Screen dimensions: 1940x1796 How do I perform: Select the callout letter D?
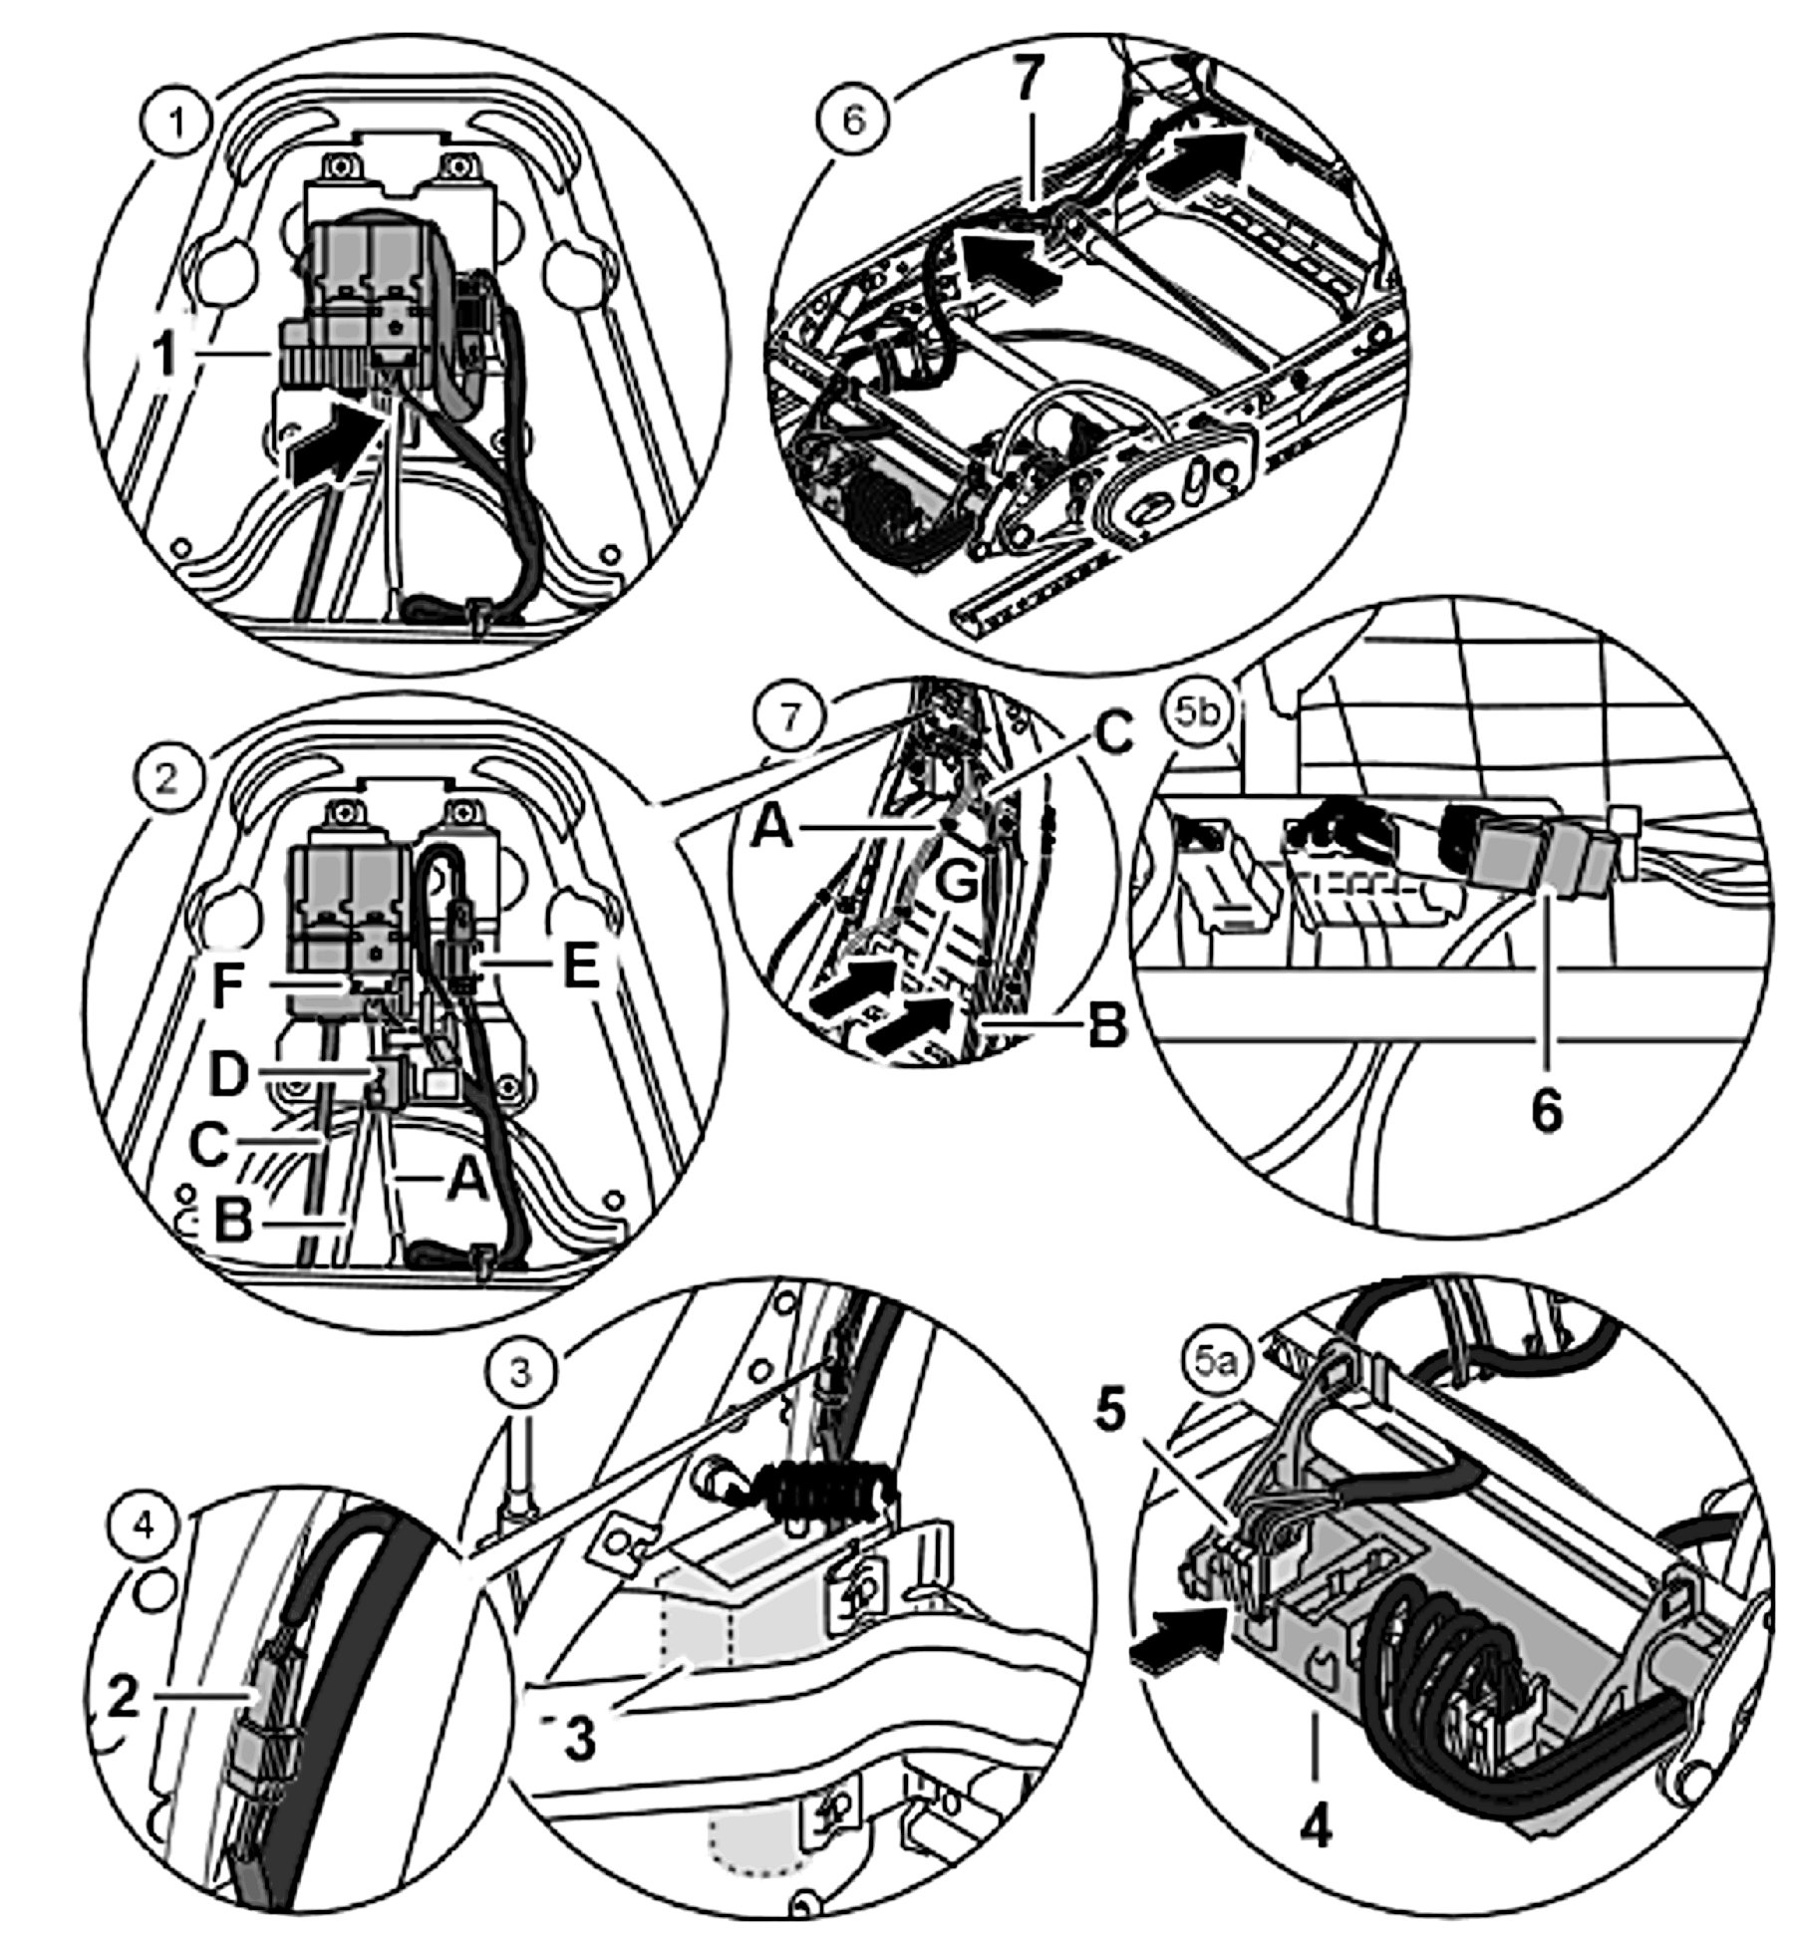click(x=229, y=1075)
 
